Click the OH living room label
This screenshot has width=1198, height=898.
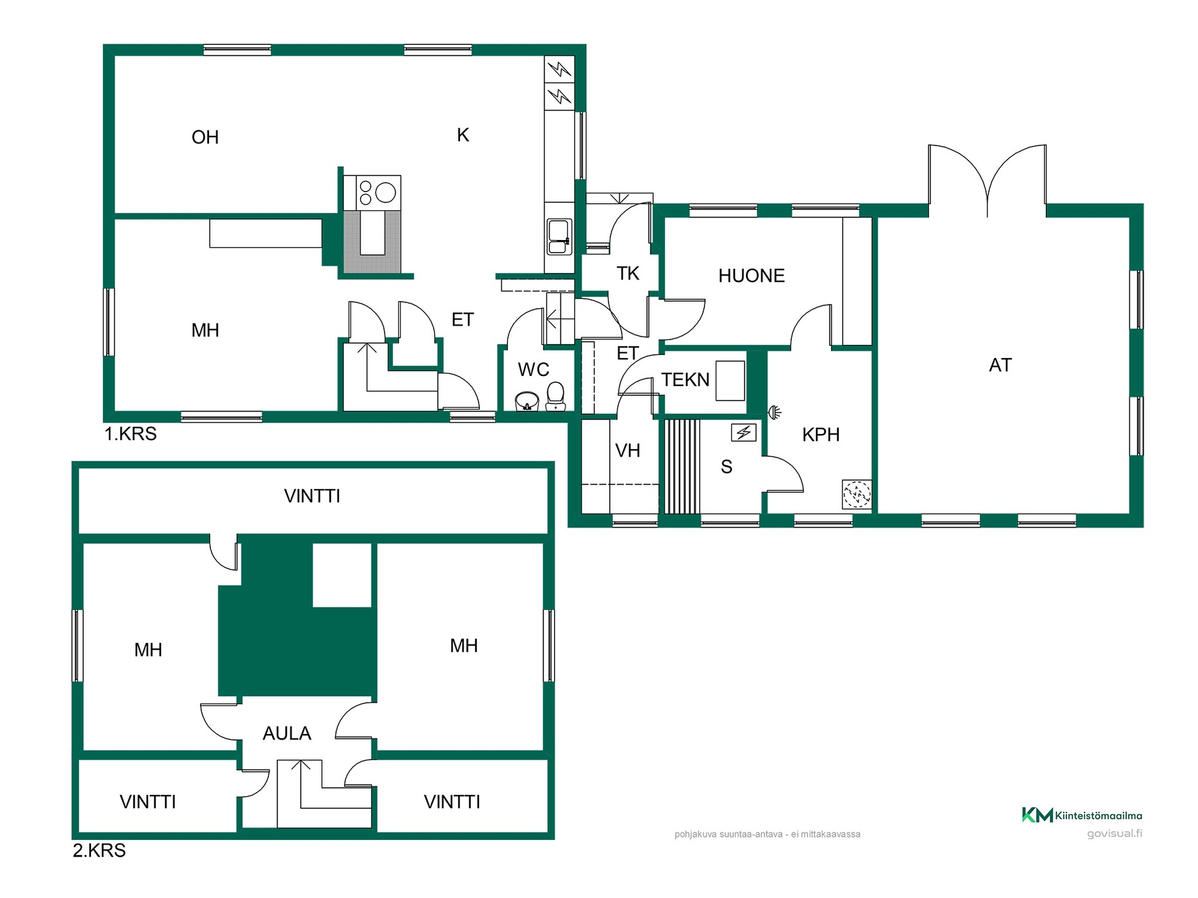[205, 137]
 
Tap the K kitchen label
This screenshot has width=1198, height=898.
[463, 135]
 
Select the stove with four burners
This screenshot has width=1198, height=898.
[378, 193]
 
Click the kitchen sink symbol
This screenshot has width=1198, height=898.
[559, 236]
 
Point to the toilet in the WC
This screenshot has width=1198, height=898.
[555, 397]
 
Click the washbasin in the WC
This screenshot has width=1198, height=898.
[527, 401]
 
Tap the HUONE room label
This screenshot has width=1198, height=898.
[751, 276]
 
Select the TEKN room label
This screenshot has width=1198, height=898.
[685, 380]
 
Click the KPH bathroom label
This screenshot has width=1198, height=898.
[821, 435]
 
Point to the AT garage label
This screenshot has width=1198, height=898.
[1000, 365]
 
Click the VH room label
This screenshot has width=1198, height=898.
[628, 451]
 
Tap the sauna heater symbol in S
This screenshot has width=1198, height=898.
[744, 433]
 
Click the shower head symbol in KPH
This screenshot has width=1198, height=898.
[775, 412]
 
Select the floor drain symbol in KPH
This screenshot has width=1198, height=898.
[857, 495]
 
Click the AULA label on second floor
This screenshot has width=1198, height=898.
[287, 733]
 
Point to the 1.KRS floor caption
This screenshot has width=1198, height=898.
[130, 434]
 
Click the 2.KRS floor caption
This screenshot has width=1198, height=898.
[99, 851]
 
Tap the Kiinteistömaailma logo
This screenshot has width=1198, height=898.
[1082, 815]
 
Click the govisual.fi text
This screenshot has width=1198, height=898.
[1114, 834]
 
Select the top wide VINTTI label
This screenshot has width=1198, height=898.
[312, 496]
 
